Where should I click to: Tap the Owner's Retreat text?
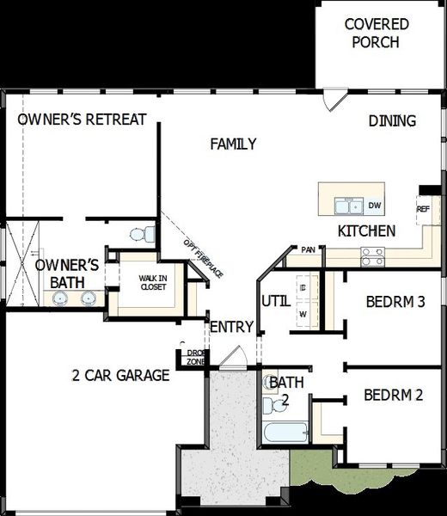click(x=83, y=120)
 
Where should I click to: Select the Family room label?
click(x=233, y=144)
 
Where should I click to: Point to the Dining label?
click(x=392, y=120)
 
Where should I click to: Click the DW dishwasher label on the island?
click(x=374, y=206)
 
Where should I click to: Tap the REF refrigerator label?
click(x=423, y=209)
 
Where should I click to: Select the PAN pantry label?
click(x=308, y=250)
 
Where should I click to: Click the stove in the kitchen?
click(x=373, y=255)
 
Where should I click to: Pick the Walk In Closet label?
click(x=154, y=282)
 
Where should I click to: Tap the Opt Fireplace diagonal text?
click(x=203, y=257)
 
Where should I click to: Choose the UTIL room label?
click(x=275, y=300)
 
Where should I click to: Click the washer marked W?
click(x=303, y=314)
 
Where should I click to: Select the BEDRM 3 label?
click(x=395, y=302)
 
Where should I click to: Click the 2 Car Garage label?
click(x=119, y=375)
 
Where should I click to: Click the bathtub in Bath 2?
click(x=285, y=432)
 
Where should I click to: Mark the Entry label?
click(x=231, y=327)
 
